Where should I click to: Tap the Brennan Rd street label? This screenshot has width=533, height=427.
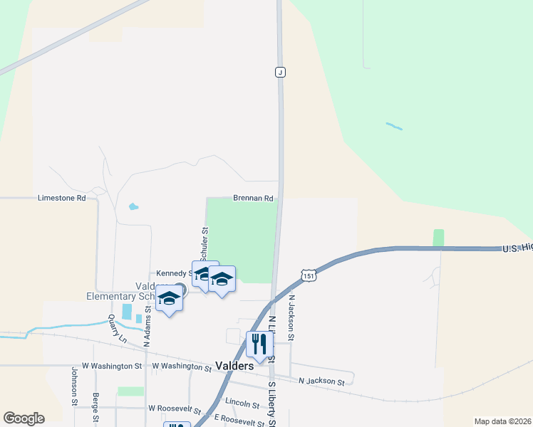click(x=253, y=199)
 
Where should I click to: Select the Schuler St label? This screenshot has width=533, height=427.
click(x=205, y=243)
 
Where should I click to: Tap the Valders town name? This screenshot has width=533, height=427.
click(x=234, y=366)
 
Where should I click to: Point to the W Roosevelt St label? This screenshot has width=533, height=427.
click(x=172, y=409)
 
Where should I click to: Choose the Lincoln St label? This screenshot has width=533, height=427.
click(x=242, y=404)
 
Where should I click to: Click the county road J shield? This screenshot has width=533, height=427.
click(x=281, y=73)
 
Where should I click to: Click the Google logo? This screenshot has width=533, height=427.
click(x=24, y=418)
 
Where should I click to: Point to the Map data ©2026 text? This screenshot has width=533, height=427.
click(x=502, y=421)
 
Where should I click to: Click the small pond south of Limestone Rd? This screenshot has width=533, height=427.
click(x=133, y=208)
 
